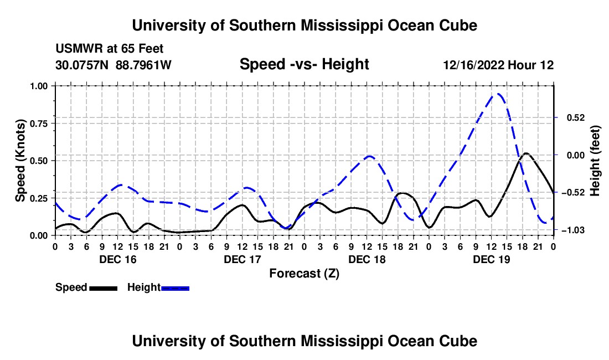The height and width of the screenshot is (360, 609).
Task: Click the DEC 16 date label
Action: pyautogui.click(x=118, y=259)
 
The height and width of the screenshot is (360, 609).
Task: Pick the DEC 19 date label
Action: pyautogui.click(x=491, y=259)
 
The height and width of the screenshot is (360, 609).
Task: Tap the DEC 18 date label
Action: pyautogui.click(x=367, y=259)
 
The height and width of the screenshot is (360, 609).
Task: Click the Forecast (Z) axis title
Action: pyautogui.click(x=304, y=274)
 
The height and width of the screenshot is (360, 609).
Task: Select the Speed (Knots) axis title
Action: pyautogui.click(x=20, y=161)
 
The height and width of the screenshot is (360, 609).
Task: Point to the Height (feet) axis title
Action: pyautogui.click(x=595, y=161)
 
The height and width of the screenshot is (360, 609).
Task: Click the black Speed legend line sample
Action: pyautogui.click(x=104, y=289)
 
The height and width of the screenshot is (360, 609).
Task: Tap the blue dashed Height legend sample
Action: pyautogui.click(x=175, y=289)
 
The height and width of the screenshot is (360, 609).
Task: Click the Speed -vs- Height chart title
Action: pyautogui.click(x=304, y=64)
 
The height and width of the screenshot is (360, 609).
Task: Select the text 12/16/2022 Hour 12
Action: pyautogui.click(x=498, y=65)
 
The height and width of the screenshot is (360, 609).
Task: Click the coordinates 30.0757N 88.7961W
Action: pyautogui.click(x=113, y=65)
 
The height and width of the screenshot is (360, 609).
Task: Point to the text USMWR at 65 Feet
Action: pyautogui.click(x=110, y=49)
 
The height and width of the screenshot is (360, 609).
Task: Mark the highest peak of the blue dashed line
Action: pyautogui.click(x=497, y=94)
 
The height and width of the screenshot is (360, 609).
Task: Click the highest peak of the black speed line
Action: pyautogui.click(x=527, y=153)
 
